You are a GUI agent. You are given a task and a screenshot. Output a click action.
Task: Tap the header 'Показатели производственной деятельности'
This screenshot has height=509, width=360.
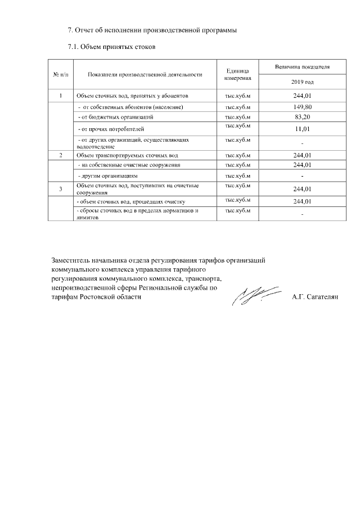click(x=145, y=74)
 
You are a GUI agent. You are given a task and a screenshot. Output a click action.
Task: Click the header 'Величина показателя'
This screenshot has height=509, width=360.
click(x=302, y=67)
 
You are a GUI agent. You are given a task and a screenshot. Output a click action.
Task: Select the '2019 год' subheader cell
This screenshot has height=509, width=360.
click(x=302, y=82)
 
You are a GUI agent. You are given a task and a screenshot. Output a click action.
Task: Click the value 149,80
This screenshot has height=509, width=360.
click(x=302, y=106)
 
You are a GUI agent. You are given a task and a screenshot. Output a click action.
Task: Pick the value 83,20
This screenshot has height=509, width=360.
click(x=302, y=117)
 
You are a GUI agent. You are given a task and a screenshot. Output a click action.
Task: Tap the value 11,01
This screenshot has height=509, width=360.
click(x=302, y=129)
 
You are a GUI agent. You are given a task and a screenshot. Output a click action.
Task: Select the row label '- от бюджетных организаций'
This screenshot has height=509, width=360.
click(x=115, y=117)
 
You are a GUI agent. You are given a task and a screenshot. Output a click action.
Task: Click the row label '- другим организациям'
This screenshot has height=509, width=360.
click(x=107, y=176)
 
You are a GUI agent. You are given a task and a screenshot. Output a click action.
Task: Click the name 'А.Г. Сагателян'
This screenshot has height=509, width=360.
click(x=315, y=296)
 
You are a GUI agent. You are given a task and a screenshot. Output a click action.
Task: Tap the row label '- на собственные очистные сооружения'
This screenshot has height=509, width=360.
click(x=129, y=165)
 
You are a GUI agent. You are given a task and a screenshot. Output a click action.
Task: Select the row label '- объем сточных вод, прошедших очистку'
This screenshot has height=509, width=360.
click(x=130, y=201)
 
